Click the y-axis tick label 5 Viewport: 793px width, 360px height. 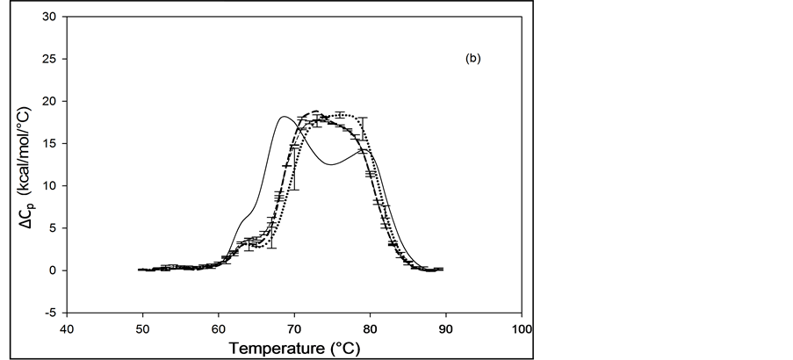click(x=54, y=227)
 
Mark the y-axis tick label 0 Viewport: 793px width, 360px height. click(x=54, y=270)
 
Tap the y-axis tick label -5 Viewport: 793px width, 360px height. click(x=52, y=312)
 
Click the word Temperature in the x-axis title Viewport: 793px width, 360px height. click(x=274, y=348)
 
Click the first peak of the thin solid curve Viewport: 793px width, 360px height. click(x=284, y=117)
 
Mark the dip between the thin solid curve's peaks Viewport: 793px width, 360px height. click(x=329, y=164)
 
